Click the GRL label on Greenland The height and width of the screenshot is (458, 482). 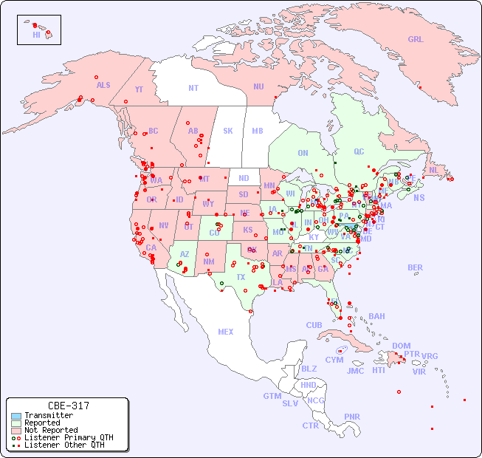(x=416, y=39)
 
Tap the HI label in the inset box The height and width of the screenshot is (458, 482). (x=36, y=35)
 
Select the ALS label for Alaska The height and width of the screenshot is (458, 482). (x=103, y=85)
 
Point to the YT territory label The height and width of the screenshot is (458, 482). (x=139, y=89)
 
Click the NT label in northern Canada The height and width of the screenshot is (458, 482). (x=193, y=88)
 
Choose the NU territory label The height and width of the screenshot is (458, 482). (x=258, y=86)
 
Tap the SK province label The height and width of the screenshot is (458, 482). (x=228, y=131)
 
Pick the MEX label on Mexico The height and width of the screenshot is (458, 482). (x=226, y=332)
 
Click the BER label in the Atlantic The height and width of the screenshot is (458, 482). (x=416, y=267)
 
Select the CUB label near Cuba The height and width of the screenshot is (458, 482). (x=314, y=325)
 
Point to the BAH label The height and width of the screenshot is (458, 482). (x=376, y=316)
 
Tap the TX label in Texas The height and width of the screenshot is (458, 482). (x=241, y=277)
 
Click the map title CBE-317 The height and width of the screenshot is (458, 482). (x=68, y=406)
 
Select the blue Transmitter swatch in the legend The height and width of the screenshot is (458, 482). (x=16, y=416)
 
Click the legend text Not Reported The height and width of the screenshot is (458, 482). (x=51, y=430)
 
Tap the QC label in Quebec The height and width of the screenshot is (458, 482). (x=359, y=151)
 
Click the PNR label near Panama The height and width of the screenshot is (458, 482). (x=352, y=417)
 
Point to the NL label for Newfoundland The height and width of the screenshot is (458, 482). (x=434, y=169)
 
